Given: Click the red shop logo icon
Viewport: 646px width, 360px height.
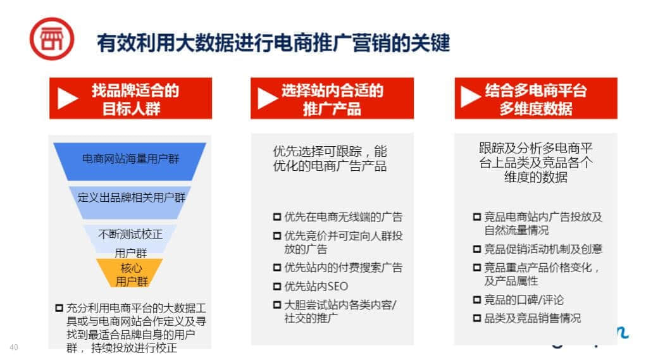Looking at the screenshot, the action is point(52,39).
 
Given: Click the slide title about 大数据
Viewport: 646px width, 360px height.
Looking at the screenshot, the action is point(273,43).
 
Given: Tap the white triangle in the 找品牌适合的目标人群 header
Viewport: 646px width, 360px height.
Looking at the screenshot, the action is point(68,99).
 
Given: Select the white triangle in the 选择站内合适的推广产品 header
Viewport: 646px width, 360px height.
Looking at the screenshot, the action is point(268,99).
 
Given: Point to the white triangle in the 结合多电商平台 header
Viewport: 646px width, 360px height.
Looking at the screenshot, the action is point(471,97).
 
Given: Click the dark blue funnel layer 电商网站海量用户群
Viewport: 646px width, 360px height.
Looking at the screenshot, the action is point(130,161).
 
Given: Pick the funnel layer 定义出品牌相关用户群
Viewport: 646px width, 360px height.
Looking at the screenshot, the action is point(130,202).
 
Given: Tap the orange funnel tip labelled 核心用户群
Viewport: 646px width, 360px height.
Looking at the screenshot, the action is point(130,273).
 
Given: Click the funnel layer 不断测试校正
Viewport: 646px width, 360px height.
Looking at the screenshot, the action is point(130,239).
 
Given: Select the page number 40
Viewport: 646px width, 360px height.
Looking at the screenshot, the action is point(13,347).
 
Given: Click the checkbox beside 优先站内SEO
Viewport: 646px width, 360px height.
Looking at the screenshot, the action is point(277,286).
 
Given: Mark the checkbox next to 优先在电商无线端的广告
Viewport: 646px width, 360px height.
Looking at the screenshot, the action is point(277,216).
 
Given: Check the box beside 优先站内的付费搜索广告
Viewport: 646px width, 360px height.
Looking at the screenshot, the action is point(277,268).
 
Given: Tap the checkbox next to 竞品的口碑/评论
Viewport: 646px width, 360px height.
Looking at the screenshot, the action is point(477,299).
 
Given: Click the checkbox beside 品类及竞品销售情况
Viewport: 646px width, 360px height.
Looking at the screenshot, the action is point(477,318).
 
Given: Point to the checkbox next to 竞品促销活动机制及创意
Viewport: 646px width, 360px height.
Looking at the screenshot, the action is point(477,249).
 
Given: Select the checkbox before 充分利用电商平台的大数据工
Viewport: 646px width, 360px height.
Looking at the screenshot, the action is point(59,307).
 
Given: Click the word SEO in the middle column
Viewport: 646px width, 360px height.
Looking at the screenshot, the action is point(338,286).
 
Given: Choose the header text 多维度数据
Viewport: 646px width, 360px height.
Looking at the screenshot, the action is point(535,109).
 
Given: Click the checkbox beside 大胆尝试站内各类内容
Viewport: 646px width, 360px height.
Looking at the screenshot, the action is point(277,305).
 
